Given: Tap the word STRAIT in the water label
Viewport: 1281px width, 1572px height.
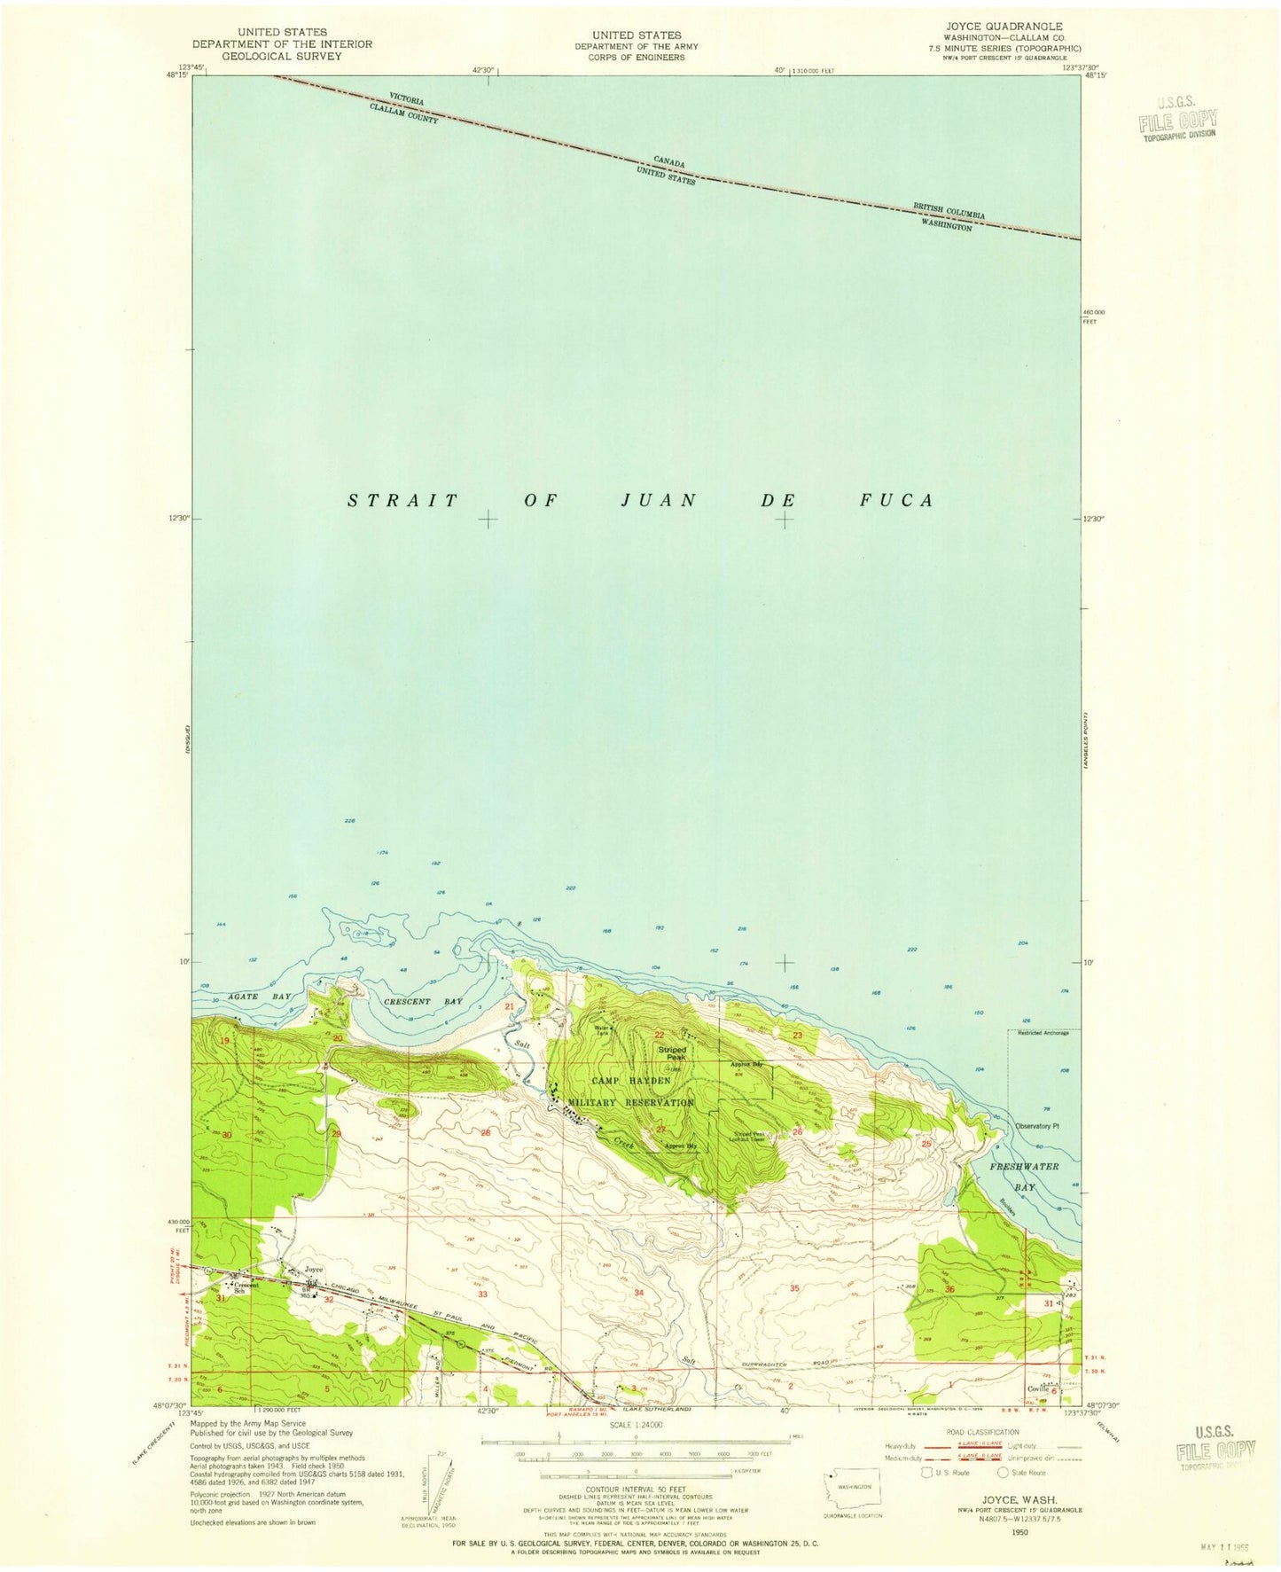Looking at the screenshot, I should (402, 501).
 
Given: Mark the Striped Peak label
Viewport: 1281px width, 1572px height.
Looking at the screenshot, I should (672, 1053).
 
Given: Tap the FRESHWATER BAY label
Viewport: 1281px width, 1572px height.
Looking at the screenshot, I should (1025, 1177).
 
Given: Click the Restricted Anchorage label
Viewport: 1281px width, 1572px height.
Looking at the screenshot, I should (1043, 1033).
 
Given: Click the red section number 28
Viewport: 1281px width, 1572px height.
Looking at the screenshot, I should (485, 1134).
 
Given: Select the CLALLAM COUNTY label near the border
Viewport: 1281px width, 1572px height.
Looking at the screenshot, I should (404, 113).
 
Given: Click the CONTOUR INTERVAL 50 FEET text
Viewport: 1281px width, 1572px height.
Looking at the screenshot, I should (634, 1492).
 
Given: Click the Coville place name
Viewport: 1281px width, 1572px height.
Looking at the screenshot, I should (1038, 1389).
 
